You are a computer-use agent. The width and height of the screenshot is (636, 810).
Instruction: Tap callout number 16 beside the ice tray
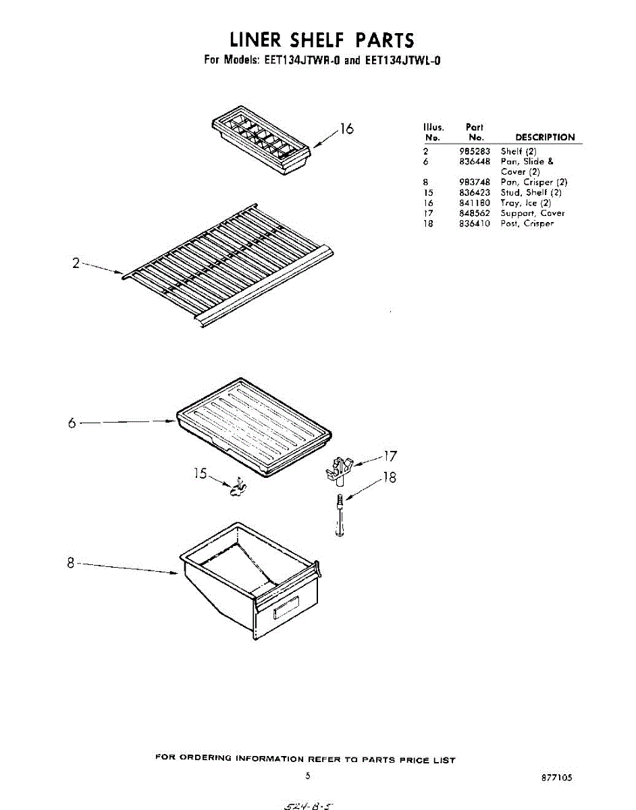coord(346,128)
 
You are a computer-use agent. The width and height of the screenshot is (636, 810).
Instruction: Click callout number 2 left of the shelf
coord(77,263)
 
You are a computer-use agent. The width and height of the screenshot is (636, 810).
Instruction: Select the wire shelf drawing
coord(230,267)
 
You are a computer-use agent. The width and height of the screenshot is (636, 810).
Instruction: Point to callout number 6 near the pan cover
coord(72,423)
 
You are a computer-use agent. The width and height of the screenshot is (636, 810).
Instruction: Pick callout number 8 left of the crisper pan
coord(70,564)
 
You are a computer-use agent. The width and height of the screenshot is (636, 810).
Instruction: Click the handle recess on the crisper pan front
coord(284,609)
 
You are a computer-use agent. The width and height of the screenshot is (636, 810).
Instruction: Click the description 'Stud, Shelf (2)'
coord(531,192)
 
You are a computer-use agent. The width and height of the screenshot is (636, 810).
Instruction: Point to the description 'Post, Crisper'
coord(527,223)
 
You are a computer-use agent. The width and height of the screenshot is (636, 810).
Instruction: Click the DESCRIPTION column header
coord(545,137)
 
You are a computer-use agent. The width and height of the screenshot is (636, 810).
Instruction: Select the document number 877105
coord(556,778)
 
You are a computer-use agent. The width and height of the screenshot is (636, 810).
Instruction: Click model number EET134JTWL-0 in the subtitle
coord(402,60)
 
